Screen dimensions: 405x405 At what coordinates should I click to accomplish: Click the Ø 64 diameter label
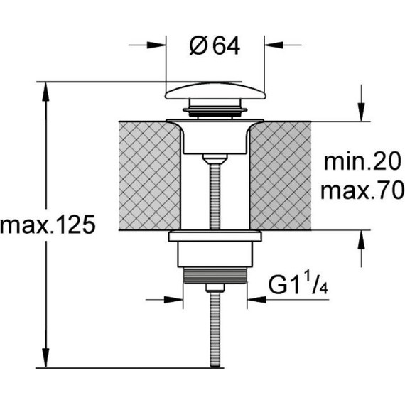215,46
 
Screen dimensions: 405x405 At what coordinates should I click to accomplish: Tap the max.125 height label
48,225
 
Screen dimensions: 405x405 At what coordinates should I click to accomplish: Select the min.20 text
362,161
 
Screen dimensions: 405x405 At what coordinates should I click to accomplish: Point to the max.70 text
362,190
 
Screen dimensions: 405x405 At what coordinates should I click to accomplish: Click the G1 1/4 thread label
298,285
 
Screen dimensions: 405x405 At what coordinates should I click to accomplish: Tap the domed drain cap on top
215,90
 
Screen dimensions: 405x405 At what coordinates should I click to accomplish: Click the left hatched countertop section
150,175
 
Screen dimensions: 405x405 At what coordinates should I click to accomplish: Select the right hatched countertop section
281,175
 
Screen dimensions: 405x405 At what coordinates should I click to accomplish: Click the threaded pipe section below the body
215,276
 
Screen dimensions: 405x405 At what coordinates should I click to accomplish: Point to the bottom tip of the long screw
215,367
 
